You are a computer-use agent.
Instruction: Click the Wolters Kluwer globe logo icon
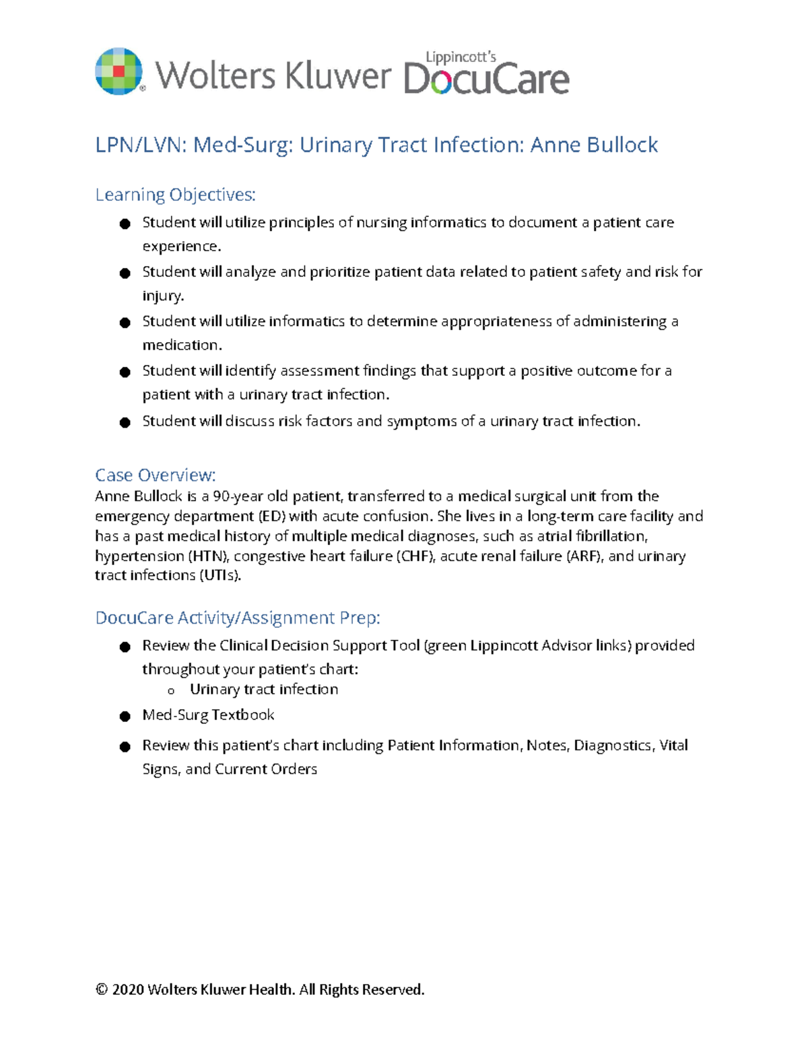pos(119,71)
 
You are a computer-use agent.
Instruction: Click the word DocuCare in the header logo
pos(486,78)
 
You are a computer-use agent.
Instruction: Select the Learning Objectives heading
pos(175,195)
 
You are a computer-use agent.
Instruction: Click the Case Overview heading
pos(155,475)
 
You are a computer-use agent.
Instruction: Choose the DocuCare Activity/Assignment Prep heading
pos(238,618)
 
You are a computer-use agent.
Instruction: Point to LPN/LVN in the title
pos(138,145)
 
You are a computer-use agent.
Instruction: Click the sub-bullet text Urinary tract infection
pos(263,689)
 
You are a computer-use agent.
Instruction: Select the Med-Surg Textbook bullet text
pos(208,715)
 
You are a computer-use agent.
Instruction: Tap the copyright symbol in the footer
pos(101,989)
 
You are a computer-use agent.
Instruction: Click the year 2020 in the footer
pos(127,989)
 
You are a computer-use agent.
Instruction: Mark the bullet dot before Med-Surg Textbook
pos(125,716)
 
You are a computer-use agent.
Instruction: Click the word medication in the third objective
pos(181,345)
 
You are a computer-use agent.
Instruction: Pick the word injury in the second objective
pos(162,296)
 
